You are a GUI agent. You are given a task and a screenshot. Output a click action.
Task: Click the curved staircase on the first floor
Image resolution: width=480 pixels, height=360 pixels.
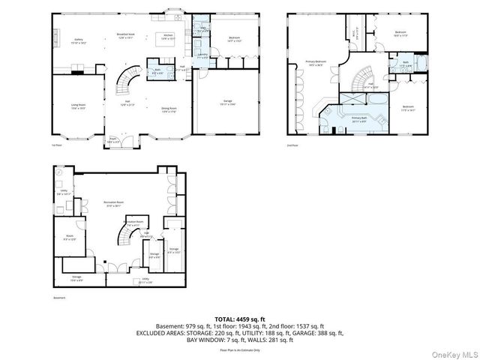pos(127,79)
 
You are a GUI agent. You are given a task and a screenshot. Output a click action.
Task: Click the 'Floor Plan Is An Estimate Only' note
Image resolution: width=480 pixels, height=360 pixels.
pos(239,349)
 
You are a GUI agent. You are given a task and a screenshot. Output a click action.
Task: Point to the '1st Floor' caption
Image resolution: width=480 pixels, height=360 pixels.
pos(55,145)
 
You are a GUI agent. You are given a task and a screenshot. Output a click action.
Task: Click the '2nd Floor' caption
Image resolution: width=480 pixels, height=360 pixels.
pos(292,145)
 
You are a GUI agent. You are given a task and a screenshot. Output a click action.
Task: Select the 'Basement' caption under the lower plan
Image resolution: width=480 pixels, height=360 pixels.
pos(59,298)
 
